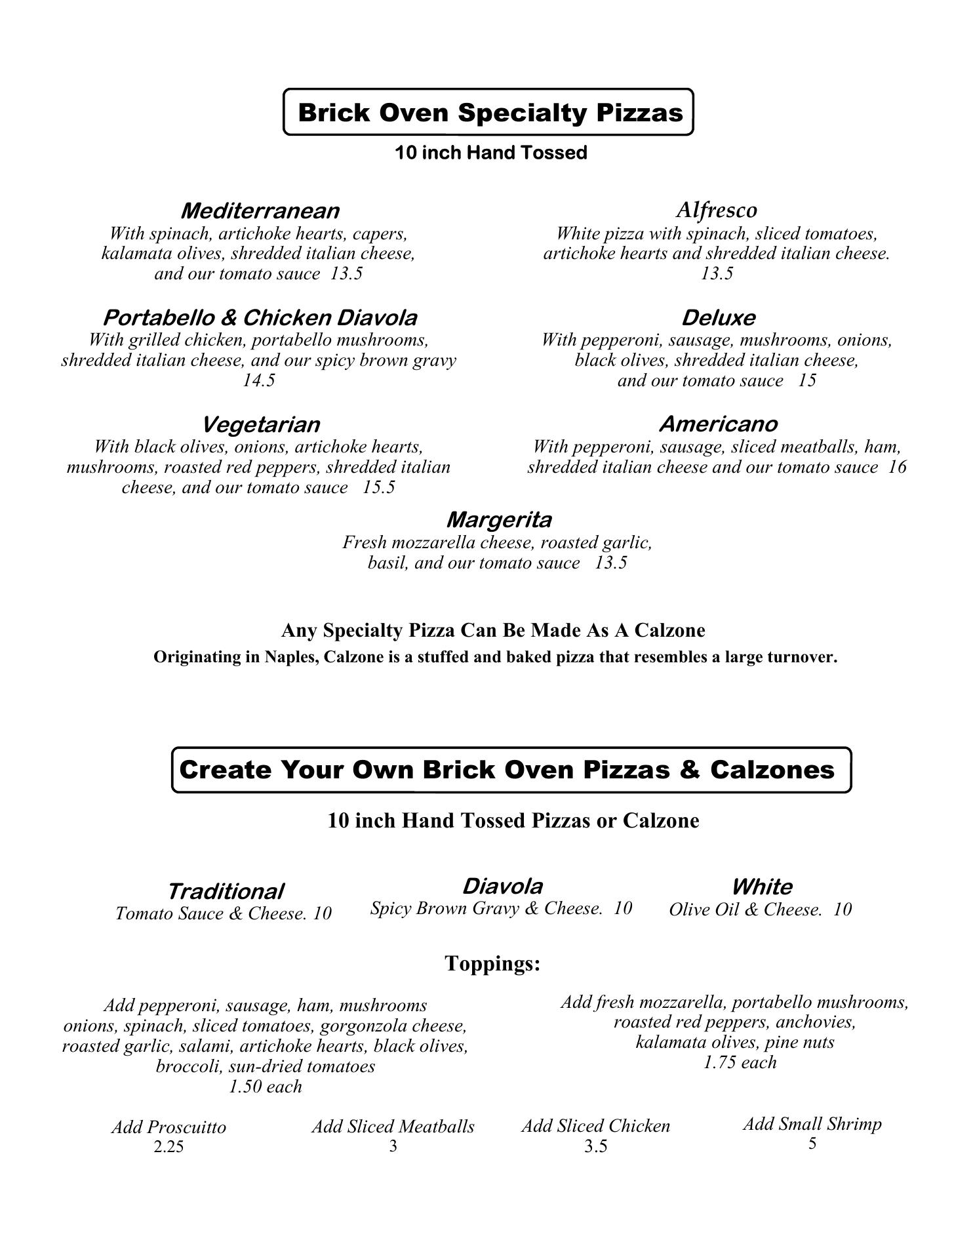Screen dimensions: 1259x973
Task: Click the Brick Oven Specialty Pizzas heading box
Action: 488,112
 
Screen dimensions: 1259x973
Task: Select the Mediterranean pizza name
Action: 260,211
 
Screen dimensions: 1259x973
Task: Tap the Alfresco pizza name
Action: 716,210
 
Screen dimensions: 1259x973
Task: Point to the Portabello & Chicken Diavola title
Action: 260,318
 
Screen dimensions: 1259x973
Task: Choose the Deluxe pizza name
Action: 718,318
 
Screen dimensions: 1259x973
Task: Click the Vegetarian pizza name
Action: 260,424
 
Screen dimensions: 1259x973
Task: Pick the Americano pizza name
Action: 718,424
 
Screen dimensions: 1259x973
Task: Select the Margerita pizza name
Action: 499,520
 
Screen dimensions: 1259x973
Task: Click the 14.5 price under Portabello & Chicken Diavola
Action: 259,380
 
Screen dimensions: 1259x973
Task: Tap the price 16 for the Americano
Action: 898,467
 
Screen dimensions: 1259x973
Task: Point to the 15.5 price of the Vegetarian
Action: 379,487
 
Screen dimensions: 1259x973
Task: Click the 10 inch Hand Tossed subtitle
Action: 490,153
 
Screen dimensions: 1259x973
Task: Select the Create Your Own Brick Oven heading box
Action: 511,770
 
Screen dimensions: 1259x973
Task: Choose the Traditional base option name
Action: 226,892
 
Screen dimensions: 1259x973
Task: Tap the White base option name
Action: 761,887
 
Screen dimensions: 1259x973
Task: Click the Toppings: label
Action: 492,963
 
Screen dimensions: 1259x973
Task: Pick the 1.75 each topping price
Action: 740,1062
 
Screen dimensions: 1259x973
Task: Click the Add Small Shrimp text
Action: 812,1124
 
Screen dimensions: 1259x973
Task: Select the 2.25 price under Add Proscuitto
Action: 169,1146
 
